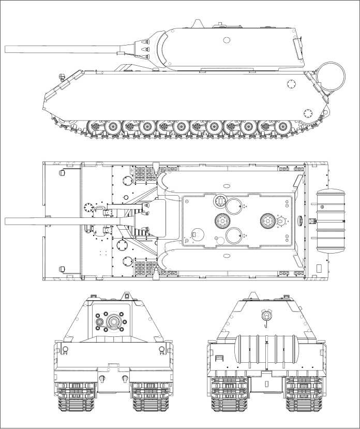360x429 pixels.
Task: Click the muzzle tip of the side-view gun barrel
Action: pos(7,49)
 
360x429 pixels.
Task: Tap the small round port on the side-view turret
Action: pos(227,40)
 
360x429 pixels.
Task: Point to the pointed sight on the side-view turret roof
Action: pos(198,23)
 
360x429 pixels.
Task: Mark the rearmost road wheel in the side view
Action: pos(282,126)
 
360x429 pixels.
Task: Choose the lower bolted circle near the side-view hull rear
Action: pos(309,112)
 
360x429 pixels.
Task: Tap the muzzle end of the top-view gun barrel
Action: pos(7,221)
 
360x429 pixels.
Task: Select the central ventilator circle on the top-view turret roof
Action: pos(221,220)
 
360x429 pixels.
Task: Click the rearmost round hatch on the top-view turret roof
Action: pos(268,221)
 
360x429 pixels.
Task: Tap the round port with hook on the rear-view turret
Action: pos(266,314)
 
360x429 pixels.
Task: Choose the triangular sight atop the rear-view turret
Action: pos(253,296)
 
